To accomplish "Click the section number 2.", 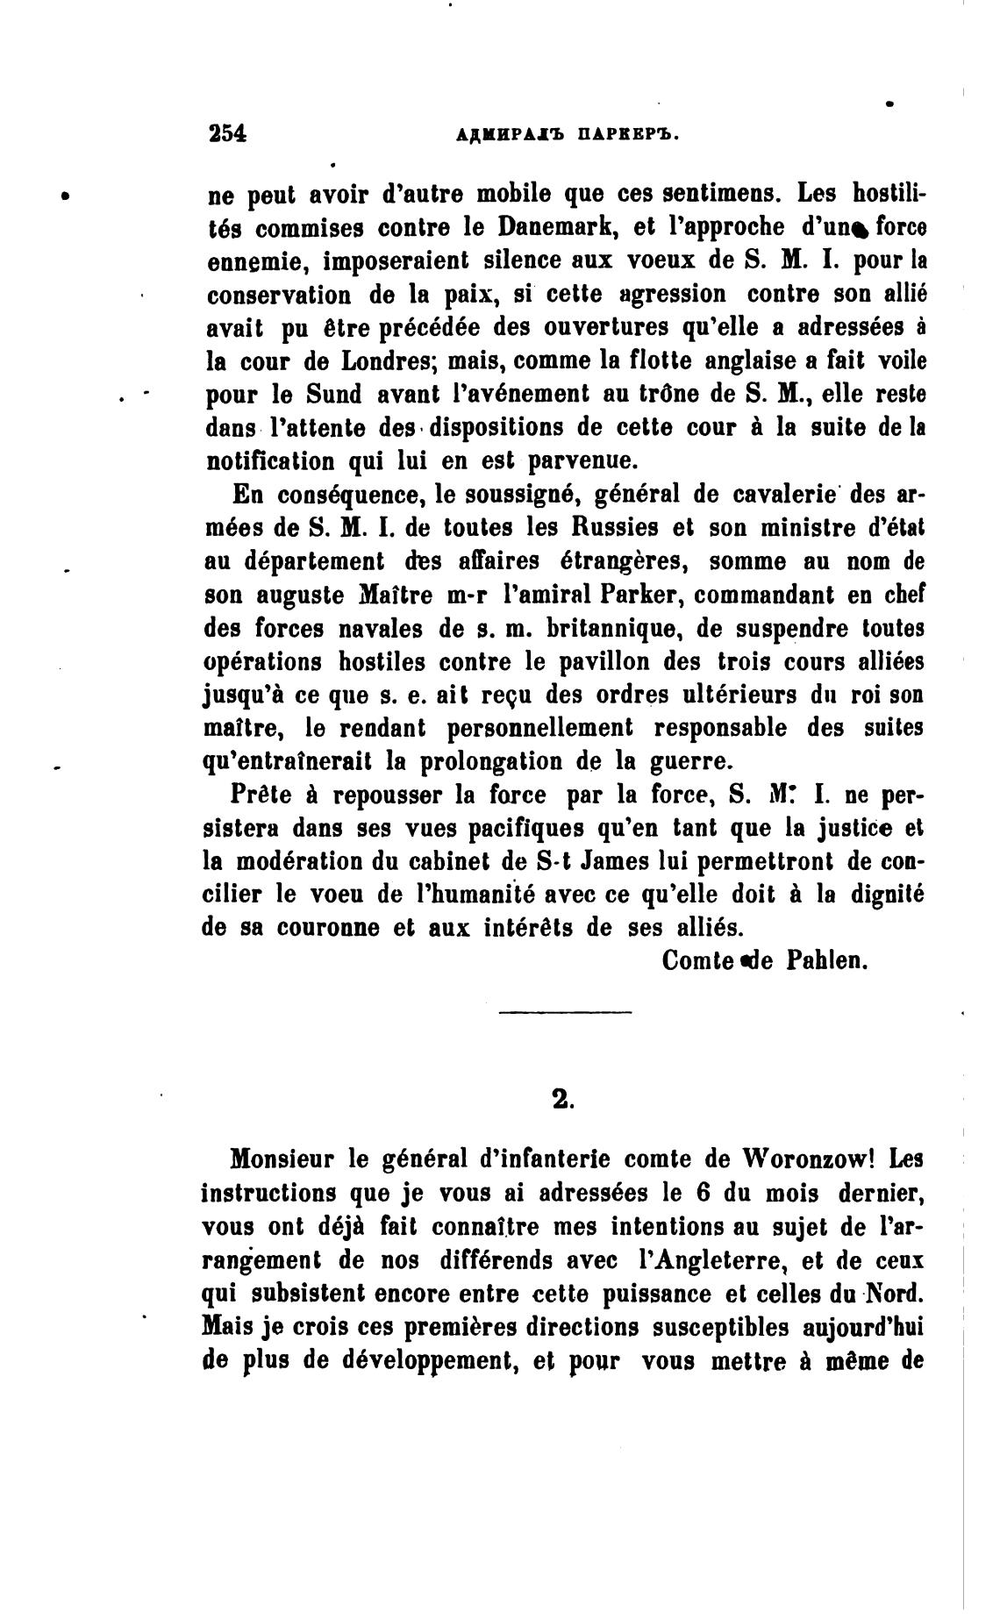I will click(564, 1100).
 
